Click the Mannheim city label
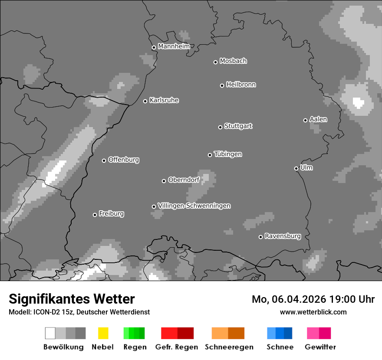coord(174,46)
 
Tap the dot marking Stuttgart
coord(220,127)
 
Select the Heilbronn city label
coord(241,85)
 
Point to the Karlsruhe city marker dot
coord(145,101)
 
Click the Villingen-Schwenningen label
coord(194,206)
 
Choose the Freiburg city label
coord(111,214)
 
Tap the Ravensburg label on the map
coord(283,236)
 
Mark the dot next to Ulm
coord(296,168)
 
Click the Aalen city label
coord(318,119)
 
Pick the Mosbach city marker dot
coord(215,62)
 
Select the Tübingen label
coord(228,154)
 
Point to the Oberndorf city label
coord(184,180)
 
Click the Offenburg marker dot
coord(104,160)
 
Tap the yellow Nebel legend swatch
coord(103,333)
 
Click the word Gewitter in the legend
coord(320,347)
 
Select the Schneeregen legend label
coord(229,347)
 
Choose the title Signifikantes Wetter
coord(72,299)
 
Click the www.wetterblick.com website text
coord(313,312)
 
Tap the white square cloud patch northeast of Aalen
coord(358,103)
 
